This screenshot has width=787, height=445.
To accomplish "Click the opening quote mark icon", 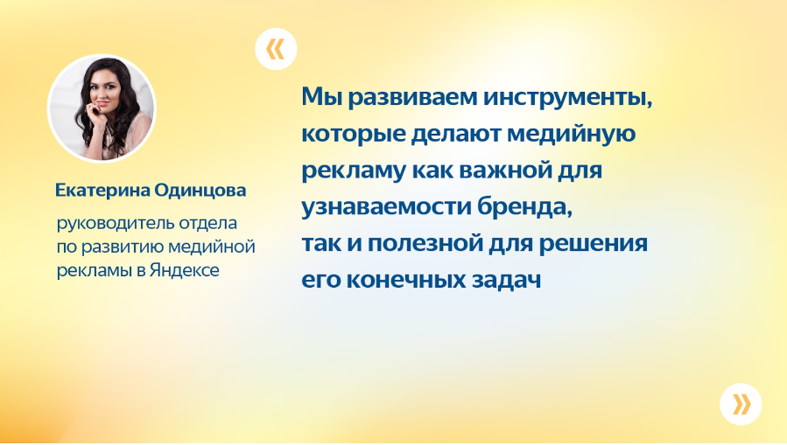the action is coord(276,49).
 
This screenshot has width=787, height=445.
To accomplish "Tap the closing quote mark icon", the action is coord(741,404).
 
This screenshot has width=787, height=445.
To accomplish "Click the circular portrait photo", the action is coord(102,108).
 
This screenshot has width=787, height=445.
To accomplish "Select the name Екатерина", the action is coord(102,191).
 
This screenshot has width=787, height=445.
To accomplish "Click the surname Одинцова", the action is coord(200,191).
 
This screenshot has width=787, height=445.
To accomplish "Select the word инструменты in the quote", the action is coord(567,98).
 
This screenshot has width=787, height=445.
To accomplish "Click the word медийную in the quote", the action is coord(571,135).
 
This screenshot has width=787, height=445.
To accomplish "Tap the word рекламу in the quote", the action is coord(354,171).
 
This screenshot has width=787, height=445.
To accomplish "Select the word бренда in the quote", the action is coord(524,206).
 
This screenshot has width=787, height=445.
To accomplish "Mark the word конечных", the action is coord(406,280).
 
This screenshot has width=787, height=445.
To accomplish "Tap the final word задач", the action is coord(506,280).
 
